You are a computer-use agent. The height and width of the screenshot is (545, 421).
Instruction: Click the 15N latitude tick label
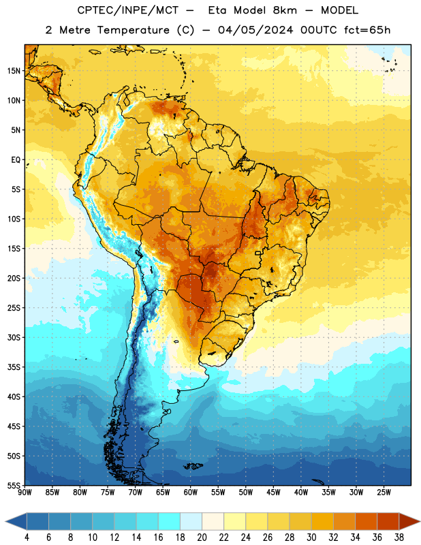tap(14, 71)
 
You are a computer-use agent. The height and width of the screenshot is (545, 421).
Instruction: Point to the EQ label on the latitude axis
tap(16, 160)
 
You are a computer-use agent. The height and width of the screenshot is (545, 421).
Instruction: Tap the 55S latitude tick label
tap(14, 485)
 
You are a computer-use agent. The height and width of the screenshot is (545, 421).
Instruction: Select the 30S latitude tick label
tap(14, 337)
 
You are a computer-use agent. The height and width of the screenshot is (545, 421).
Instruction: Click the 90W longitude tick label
tap(25, 492)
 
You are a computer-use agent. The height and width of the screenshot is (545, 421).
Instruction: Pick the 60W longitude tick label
tap(191, 492)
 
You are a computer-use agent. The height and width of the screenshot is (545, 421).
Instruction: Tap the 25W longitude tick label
tap(384, 492)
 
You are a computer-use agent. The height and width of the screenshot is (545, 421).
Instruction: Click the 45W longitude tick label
tap(273, 492)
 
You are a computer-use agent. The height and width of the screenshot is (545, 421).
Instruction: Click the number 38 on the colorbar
tap(399, 538)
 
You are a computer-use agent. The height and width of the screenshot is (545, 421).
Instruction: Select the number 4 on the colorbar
tap(27, 538)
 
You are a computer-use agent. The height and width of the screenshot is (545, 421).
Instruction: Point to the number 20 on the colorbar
tap(202, 538)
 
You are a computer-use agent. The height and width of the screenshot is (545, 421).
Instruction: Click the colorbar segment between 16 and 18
tap(170, 522)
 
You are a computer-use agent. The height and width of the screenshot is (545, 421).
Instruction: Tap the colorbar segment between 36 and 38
tap(388, 522)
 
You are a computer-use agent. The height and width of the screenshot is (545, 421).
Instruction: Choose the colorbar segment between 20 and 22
tap(213, 522)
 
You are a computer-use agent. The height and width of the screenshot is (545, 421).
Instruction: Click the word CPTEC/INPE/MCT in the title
tap(127, 10)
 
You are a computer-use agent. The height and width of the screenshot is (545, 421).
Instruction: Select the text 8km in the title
tap(285, 10)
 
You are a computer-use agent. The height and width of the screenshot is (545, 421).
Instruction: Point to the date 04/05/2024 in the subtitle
tap(255, 30)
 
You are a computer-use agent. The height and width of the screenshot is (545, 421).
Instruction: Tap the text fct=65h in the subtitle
tap(367, 30)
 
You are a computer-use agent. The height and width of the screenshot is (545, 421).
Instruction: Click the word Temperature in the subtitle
tap(133, 30)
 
